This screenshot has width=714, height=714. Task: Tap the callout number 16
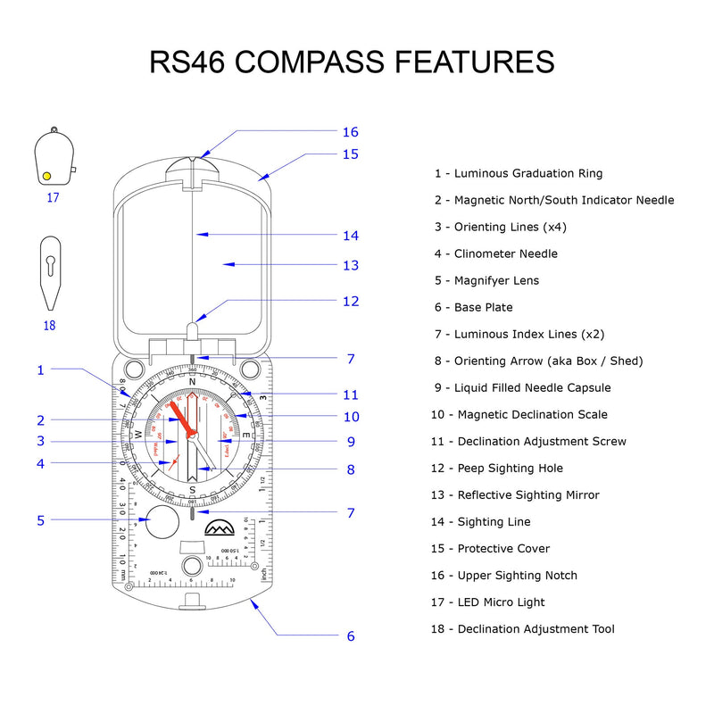[350, 132]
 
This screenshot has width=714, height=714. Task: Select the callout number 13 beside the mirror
[350, 265]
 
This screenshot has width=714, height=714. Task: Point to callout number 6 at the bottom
[351, 636]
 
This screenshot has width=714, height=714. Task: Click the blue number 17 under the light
[53, 197]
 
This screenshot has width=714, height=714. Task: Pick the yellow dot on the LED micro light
[47, 176]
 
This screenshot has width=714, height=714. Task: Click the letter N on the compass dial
[192, 382]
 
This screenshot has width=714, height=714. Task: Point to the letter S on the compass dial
[192, 489]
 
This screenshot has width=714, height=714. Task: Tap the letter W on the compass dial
[138, 435]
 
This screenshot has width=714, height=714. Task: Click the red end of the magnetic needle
[179, 412]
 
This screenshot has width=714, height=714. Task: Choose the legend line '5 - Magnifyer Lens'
[487, 280]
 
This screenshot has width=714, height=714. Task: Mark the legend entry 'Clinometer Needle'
[496, 253]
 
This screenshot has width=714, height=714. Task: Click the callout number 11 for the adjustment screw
[350, 394]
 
